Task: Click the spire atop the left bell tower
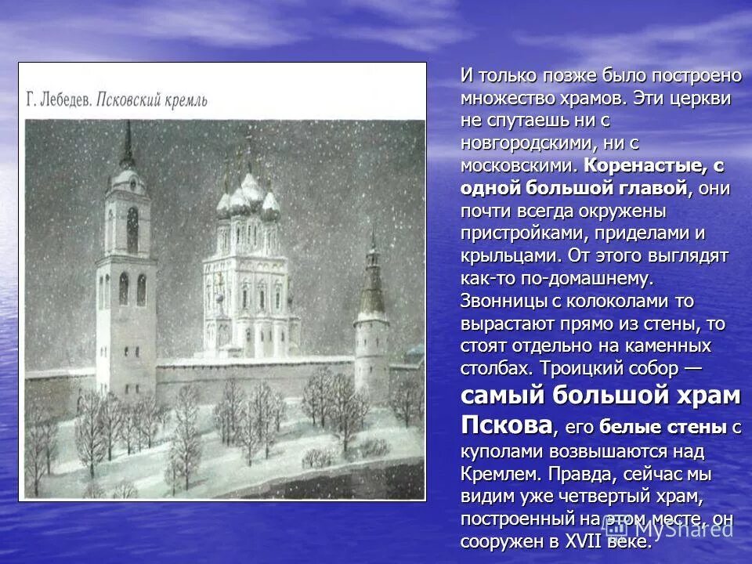(127, 141)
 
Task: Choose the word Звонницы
(499, 301)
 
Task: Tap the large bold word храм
(703, 396)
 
